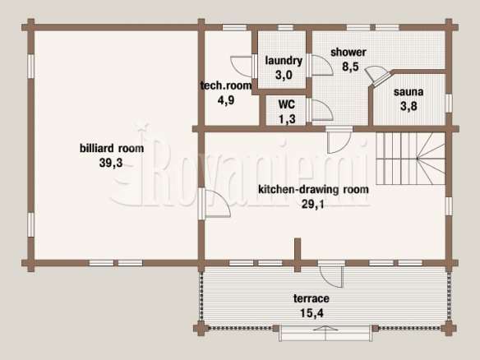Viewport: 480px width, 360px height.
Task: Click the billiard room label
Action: coord(112,148)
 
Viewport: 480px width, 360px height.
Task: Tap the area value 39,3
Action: coord(111,163)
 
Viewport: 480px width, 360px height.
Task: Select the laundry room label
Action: coord(284,61)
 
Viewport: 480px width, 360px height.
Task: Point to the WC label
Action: coord(287,104)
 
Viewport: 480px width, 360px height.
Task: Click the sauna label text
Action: coord(408,91)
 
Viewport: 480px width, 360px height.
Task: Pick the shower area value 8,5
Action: coord(350,67)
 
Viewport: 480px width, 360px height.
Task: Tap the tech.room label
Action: coord(226,85)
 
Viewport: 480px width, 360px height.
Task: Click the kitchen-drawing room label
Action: coord(313,190)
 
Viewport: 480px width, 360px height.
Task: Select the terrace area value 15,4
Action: coord(312,313)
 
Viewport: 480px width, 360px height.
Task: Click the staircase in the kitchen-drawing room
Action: coord(410,159)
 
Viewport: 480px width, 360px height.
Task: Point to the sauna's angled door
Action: coord(376,76)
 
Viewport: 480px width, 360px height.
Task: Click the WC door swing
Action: coord(321,109)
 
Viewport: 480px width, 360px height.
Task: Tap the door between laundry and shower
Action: coord(321,65)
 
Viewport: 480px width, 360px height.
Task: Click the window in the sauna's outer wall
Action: coord(449,104)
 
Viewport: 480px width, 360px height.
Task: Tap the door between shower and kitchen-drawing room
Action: coord(339,141)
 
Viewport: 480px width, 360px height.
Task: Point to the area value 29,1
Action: coord(313,204)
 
